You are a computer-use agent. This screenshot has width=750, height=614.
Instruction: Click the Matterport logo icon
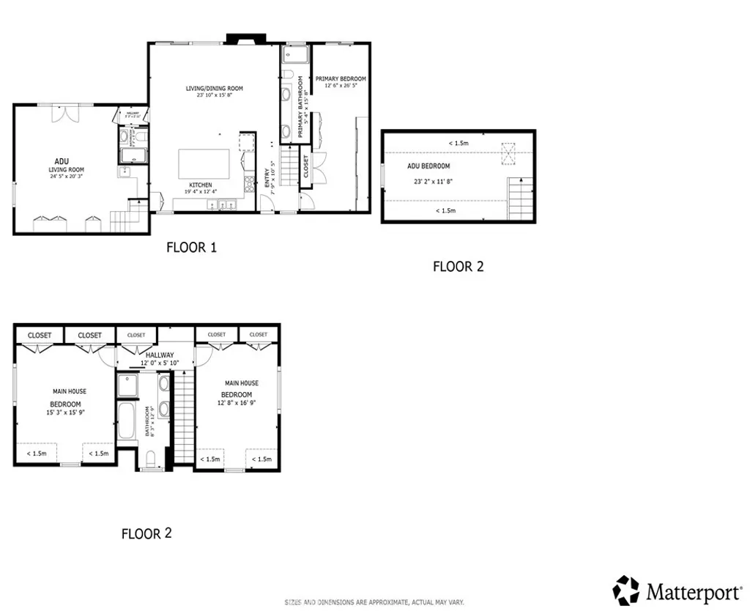point(626,590)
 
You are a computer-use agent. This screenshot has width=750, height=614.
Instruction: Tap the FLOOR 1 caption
point(191,248)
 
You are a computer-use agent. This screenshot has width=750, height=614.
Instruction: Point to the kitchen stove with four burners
point(249,180)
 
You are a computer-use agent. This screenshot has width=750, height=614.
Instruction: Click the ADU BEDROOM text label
point(428,166)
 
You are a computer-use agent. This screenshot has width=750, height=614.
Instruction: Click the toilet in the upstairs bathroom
point(151,459)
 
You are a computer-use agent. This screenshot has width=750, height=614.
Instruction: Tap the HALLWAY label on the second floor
point(159,355)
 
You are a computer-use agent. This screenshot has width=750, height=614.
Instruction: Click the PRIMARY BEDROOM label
point(341,78)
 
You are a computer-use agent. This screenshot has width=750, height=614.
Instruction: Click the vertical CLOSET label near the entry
point(306,167)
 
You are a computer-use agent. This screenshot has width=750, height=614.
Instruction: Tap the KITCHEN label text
point(201,185)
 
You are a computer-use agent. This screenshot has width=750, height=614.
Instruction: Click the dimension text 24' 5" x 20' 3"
point(67,176)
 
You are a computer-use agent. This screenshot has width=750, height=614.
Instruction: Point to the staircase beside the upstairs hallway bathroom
point(183,416)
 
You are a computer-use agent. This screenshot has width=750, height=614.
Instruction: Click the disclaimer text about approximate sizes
point(374,602)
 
